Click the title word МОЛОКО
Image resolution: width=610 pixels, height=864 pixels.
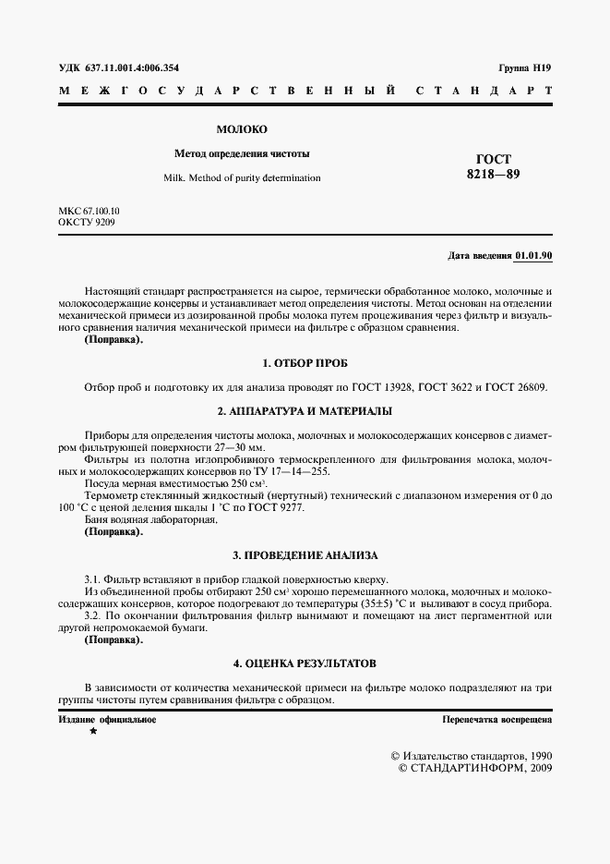click(x=241, y=129)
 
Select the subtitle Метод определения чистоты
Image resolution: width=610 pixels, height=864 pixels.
click(x=242, y=152)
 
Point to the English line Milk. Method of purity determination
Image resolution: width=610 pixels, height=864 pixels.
click(x=242, y=177)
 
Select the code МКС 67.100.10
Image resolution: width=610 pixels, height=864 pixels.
click(x=89, y=211)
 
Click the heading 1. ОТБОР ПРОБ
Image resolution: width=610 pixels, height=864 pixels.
click(x=305, y=363)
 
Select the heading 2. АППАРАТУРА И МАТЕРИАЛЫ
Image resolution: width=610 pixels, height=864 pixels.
click(x=305, y=410)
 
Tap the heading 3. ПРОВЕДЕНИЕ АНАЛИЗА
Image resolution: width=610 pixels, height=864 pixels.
click(x=305, y=555)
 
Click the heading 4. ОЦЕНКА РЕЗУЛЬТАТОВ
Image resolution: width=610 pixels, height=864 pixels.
click(x=305, y=663)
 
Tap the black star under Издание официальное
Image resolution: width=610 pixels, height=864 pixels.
click(x=92, y=732)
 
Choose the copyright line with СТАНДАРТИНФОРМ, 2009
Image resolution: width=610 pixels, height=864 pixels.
click(x=474, y=768)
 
